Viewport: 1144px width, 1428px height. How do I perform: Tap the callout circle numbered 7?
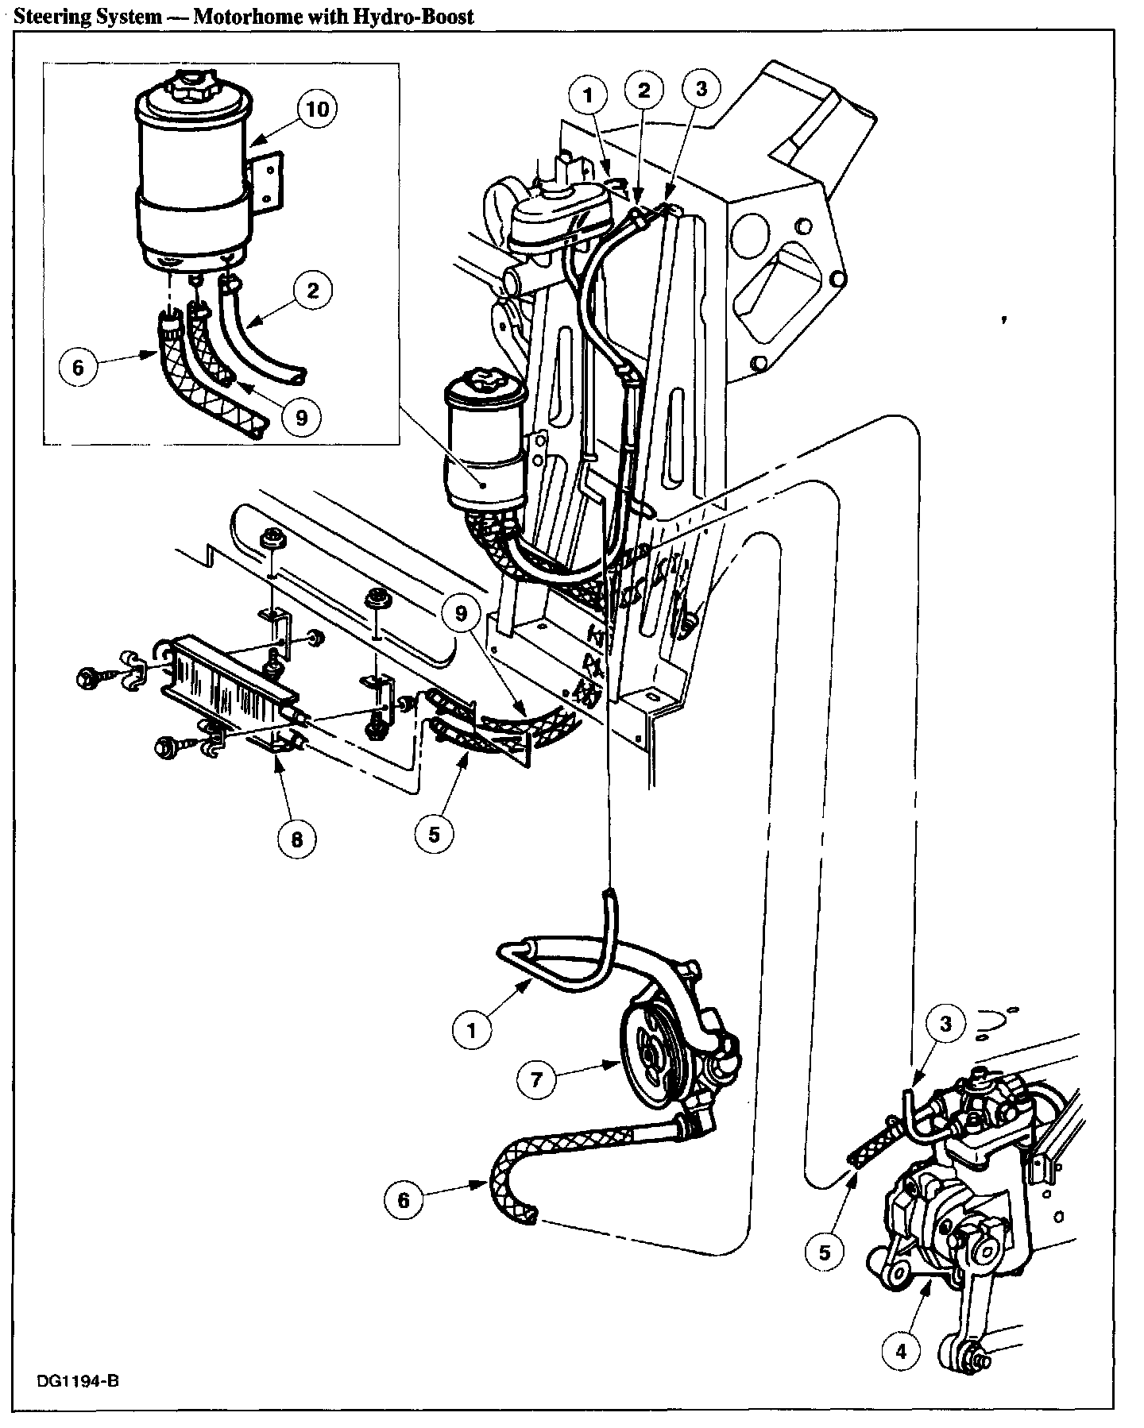tap(536, 1079)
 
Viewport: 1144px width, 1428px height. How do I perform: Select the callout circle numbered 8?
tap(296, 839)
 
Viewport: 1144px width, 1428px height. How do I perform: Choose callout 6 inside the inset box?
tap(78, 369)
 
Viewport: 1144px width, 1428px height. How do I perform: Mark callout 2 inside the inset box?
tap(312, 290)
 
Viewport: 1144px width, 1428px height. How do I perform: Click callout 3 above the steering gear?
tap(945, 1024)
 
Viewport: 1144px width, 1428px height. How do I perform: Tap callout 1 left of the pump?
tap(471, 1030)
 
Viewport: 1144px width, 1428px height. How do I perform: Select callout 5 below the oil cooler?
tap(433, 834)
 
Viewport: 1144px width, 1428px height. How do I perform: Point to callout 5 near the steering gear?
tap(825, 1252)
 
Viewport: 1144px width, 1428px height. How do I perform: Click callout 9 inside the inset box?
tap(300, 416)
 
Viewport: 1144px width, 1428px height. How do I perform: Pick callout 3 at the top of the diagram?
tap(700, 89)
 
